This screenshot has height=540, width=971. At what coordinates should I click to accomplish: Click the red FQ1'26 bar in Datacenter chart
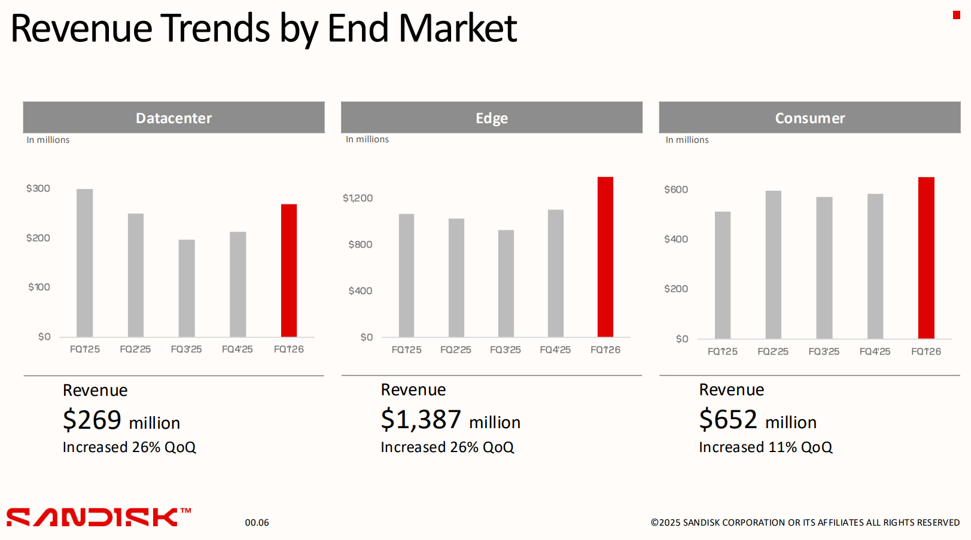coord(289,270)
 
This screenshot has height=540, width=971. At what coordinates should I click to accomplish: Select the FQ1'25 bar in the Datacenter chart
coord(84,263)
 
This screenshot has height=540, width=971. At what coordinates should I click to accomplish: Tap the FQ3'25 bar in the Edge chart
coord(506,283)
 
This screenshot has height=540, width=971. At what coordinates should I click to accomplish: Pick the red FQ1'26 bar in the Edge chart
coord(605,257)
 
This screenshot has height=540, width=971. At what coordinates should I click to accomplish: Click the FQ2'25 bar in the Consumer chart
coord(773,264)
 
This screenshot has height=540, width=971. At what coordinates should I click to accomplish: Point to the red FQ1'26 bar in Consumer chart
coord(926,258)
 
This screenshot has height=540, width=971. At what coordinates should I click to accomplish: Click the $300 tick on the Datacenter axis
coord(38,188)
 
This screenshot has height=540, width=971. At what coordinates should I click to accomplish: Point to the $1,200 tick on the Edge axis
coord(358,198)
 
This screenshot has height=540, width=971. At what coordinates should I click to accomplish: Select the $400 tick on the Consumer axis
coord(676,239)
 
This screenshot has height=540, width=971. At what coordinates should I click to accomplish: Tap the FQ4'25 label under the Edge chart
coord(555,350)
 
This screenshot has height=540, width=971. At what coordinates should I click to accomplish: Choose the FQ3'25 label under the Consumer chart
coord(824,352)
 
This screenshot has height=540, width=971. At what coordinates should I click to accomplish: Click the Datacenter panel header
coord(173,118)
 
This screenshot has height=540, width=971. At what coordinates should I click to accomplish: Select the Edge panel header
coord(491,118)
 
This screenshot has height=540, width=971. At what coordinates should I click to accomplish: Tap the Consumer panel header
coord(809,118)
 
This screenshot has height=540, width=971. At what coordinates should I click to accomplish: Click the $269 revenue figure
coord(92,420)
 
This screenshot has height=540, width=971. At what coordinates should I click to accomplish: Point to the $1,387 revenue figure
coord(421,420)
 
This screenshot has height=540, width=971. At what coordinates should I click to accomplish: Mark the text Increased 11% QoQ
coord(765,447)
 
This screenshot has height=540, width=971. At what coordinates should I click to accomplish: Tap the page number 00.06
coord(257,523)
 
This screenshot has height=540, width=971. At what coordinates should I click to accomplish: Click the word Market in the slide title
coord(458,28)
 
